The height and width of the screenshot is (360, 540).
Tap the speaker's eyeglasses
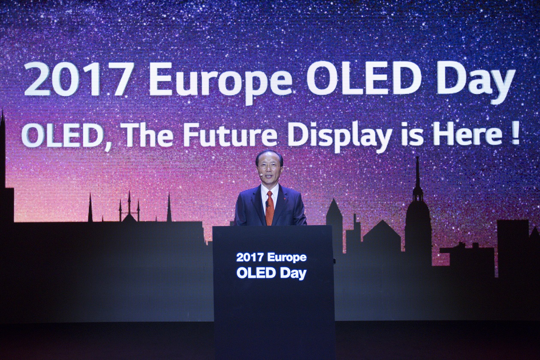pos(267,166)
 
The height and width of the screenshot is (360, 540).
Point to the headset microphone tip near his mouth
pos(261,173)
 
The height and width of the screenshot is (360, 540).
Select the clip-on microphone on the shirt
pos(267,204)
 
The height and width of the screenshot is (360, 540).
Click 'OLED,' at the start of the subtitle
pos(68,138)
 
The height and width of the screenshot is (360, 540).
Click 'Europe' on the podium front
pos(287,258)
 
